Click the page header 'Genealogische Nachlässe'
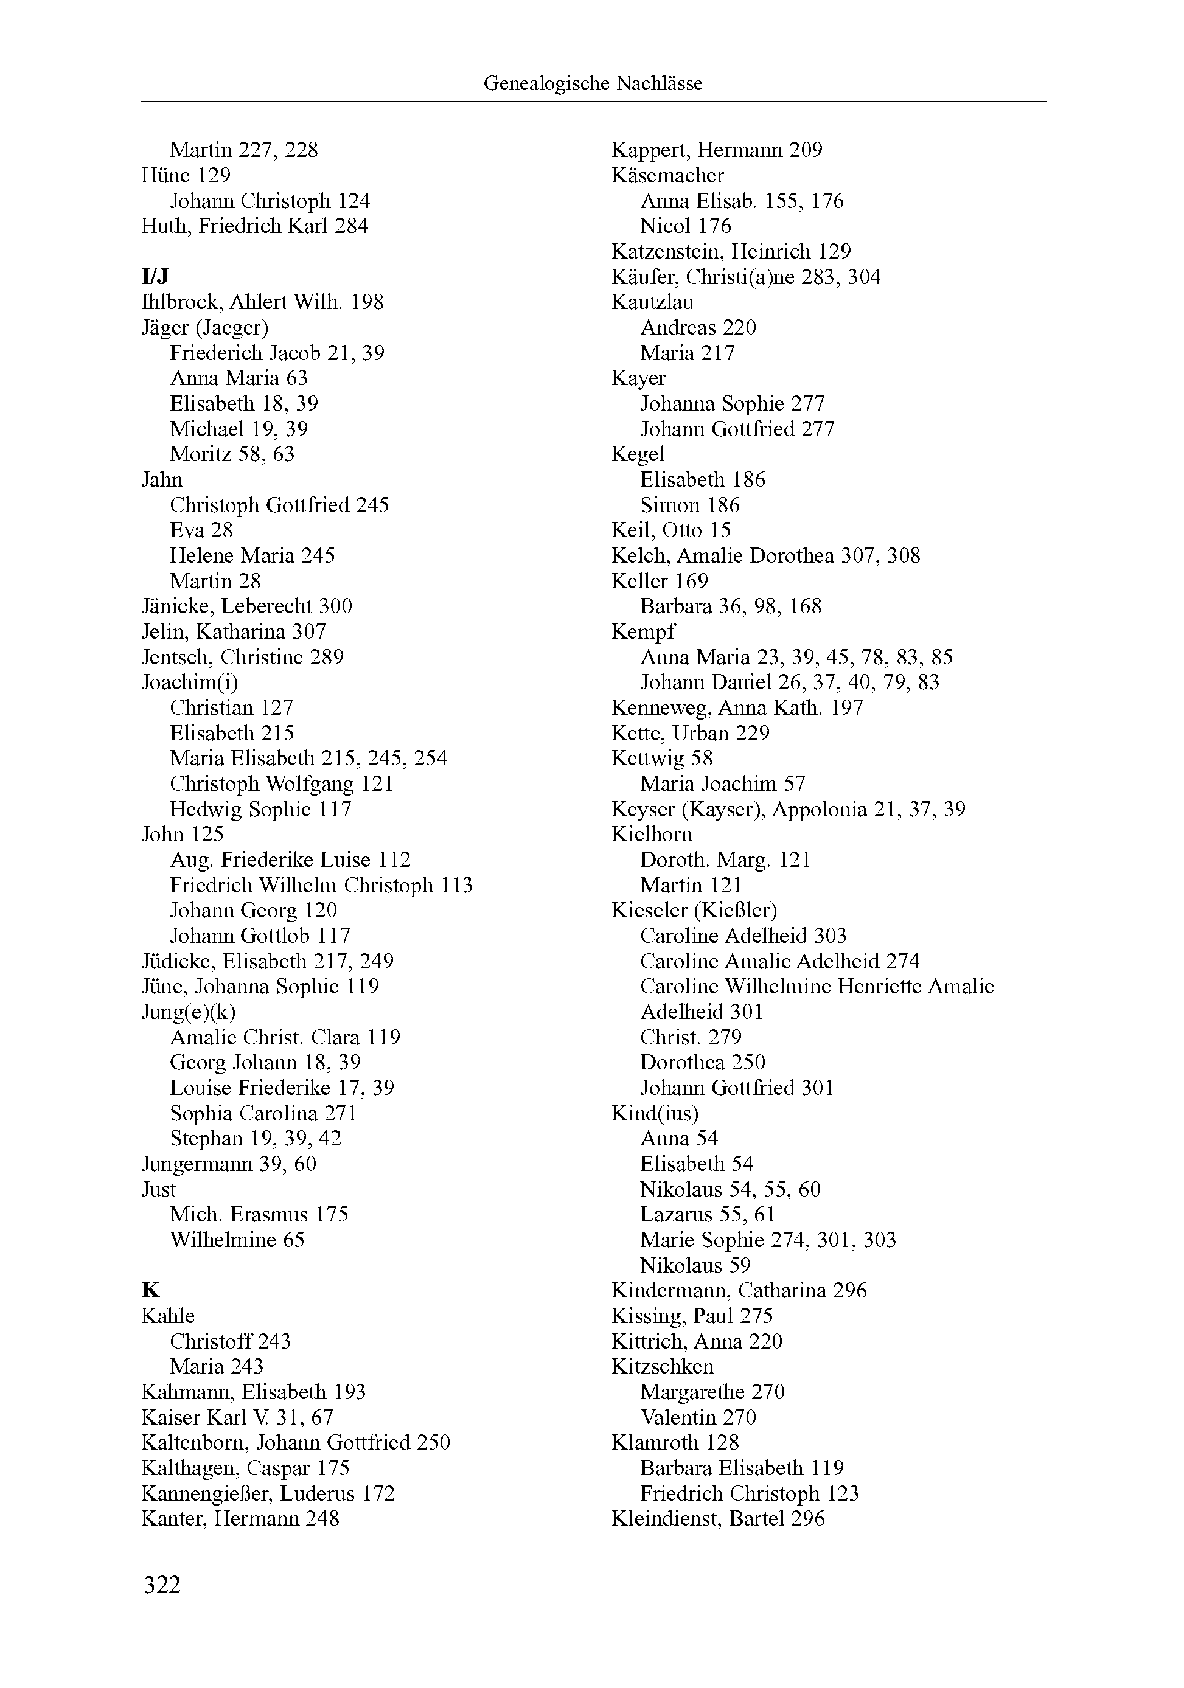coord(592,84)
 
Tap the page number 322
coord(162,1585)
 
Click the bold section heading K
coord(150,1290)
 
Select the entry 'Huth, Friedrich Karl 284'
coord(254,226)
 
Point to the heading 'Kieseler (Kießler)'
coord(694,910)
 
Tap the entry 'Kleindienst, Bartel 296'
coord(718,1518)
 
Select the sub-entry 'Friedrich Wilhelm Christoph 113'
coord(321,885)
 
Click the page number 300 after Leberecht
coord(335,606)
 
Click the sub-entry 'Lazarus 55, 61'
coord(708,1215)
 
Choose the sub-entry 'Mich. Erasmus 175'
coord(259,1215)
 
